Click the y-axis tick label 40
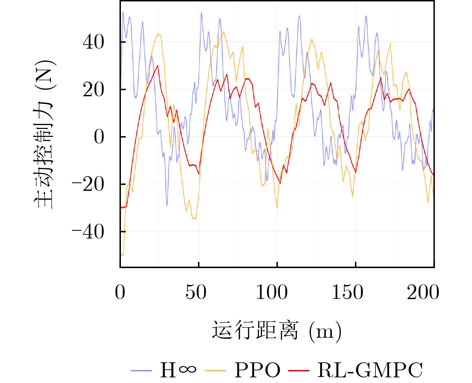[x=93, y=42]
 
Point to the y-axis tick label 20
[x=93, y=90]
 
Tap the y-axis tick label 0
[x=99, y=137]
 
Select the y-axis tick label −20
[x=88, y=185]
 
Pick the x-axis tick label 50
[x=196, y=292]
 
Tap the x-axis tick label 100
[x=271, y=292]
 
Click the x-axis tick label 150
[x=347, y=292]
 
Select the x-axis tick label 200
[x=423, y=292]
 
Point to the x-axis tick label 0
[x=120, y=292]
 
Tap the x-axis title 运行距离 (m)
[x=277, y=331]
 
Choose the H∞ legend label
[x=178, y=370]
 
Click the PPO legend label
[x=257, y=370]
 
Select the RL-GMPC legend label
[x=370, y=370]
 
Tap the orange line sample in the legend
[x=216, y=370]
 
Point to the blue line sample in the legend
[x=141, y=370]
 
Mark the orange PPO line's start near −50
[x=122, y=255]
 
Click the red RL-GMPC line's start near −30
[x=122, y=207]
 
